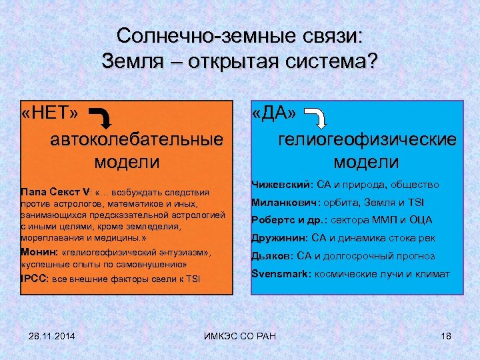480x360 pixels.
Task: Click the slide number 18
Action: (446, 334)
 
